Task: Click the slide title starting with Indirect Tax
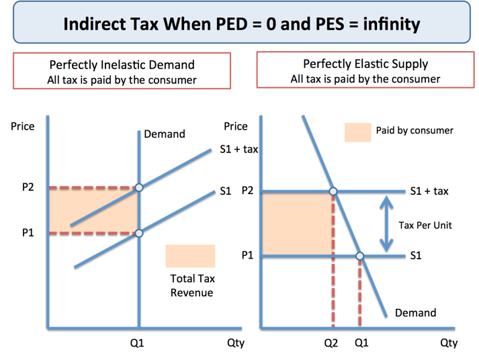[241, 26]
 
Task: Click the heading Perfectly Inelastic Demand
[122, 65]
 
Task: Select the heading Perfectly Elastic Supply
[365, 64]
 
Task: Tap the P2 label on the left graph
[28, 187]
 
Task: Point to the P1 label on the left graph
[28, 233]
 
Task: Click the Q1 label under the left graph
[137, 343]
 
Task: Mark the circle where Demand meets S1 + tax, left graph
[139, 187]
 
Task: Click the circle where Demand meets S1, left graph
[139, 233]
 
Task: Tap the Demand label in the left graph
[165, 134]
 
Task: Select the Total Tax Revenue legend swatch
[190, 256]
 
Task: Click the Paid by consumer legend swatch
[357, 132]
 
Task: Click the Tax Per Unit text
[425, 225]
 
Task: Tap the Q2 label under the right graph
[331, 343]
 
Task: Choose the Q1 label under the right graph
[361, 343]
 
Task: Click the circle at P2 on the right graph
[333, 191]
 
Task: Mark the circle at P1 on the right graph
[360, 256]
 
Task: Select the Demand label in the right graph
[415, 312]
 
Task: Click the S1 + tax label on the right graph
[429, 191]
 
